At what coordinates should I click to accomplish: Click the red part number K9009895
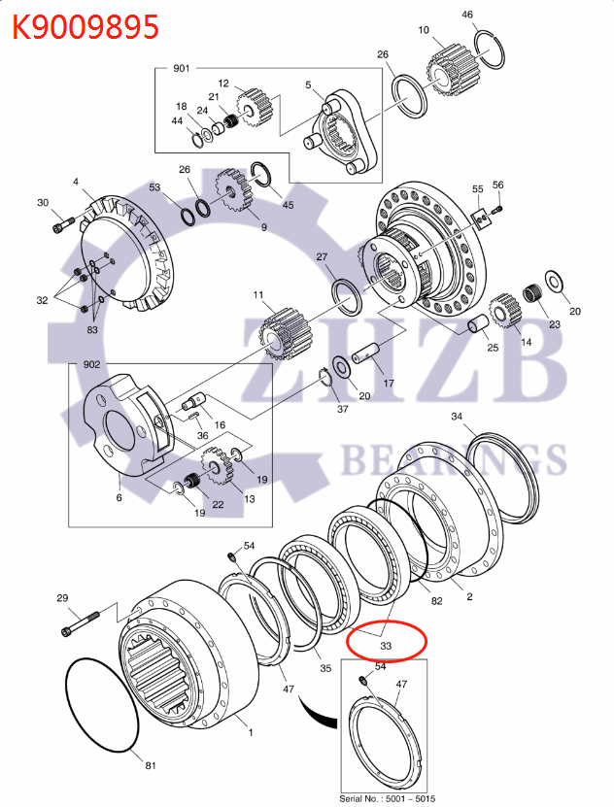85,26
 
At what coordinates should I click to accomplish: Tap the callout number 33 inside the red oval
386,644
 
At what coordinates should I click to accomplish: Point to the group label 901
182,69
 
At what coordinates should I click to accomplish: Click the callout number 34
457,417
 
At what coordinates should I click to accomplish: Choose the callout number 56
498,185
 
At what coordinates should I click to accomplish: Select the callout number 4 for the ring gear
75,182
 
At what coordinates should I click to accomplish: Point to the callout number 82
437,601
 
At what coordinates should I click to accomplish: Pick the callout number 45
288,204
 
